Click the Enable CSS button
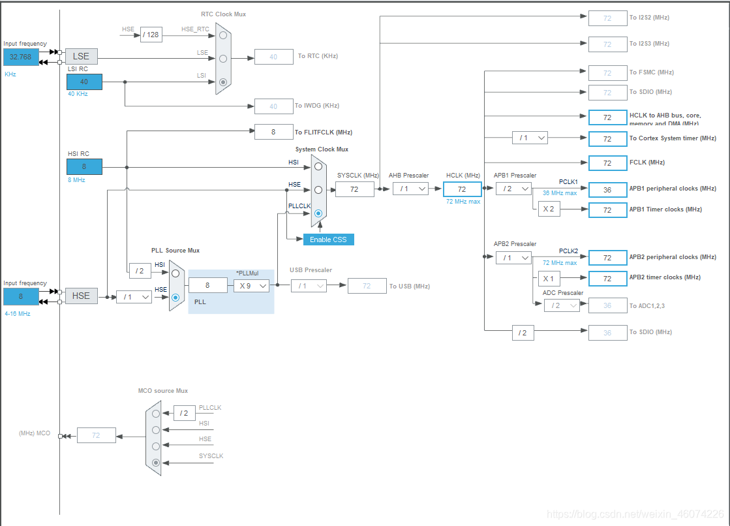coord(328,240)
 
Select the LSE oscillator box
coord(81,57)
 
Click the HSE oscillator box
coord(81,296)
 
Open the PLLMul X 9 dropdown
coord(252,285)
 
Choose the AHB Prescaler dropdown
coord(410,189)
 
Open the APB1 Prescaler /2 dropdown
coord(513,189)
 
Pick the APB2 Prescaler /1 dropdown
coord(513,258)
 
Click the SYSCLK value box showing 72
coord(355,189)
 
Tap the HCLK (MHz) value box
coord(462,189)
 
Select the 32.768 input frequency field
coord(21,57)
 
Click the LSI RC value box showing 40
coord(84,82)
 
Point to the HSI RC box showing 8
coord(84,166)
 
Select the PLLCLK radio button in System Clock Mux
coord(318,213)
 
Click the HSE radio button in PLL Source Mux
coord(175,297)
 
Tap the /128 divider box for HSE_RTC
coord(151,35)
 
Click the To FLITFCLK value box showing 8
coord(273,132)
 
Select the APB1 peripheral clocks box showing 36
coord(607,189)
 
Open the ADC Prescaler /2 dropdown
coord(562,305)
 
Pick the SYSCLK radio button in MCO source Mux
coord(156,463)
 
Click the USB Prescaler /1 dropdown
coord(309,285)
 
